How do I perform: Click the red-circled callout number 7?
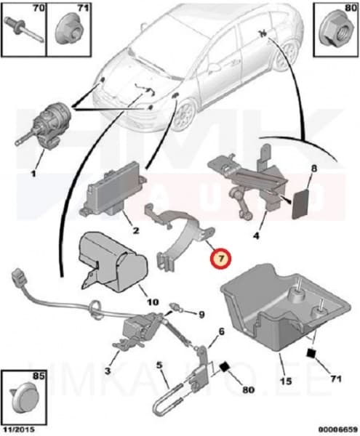[x=220, y=259]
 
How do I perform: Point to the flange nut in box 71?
[x=68, y=30]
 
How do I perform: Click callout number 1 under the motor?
[x=33, y=174]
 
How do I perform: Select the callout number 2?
[x=135, y=230]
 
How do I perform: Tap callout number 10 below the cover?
[x=153, y=302]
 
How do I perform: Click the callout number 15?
[x=286, y=381]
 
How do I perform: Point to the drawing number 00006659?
[x=338, y=429]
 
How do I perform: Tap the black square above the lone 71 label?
[x=311, y=353]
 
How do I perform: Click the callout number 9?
[x=201, y=314]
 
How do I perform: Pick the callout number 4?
[x=256, y=235]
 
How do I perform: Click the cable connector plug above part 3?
[x=17, y=276]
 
